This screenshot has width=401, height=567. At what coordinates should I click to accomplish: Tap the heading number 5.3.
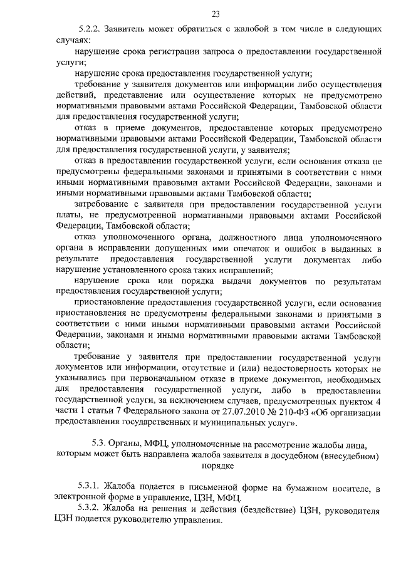click(x=98, y=445)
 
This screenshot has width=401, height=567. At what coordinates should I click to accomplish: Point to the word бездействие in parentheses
click(x=235, y=511)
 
